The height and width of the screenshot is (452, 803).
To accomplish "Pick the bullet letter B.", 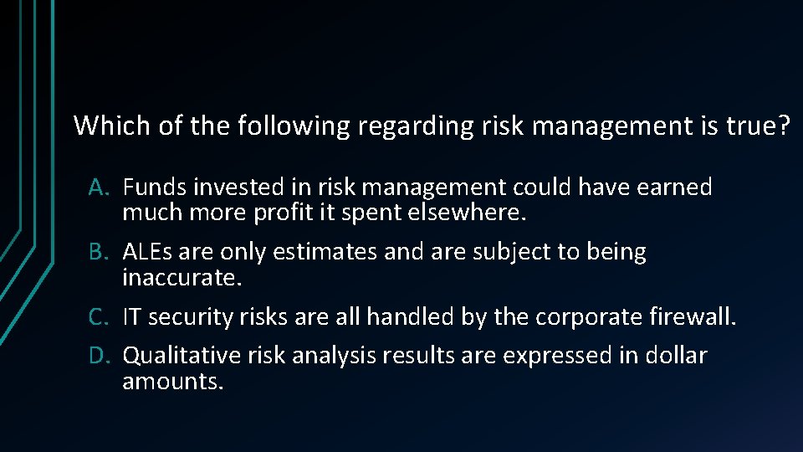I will click(x=99, y=252).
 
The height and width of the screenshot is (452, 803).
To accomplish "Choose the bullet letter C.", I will click(x=99, y=316).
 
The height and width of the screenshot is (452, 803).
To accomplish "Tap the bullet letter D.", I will click(x=99, y=356).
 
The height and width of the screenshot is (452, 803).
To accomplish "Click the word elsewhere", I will click(x=466, y=213).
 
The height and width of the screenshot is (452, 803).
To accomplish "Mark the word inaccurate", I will click(x=182, y=277).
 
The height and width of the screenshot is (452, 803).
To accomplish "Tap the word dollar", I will click(x=676, y=356).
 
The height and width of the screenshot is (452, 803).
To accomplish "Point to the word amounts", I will click(x=172, y=382).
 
